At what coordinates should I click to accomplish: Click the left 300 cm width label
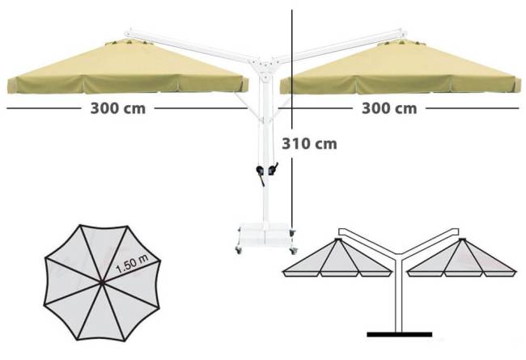coord(118,108)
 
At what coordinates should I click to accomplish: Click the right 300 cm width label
coord(389,108)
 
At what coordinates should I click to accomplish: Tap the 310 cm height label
coord(309,144)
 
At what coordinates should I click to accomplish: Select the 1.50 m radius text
coord(132,264)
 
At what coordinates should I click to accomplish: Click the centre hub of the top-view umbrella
coord(102,283)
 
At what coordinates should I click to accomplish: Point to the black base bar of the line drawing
coord(399,334)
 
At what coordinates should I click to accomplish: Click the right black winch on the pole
coord(273,169)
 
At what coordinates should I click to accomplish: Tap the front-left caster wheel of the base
coord(239,250)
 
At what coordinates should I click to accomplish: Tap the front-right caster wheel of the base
coord(294,250)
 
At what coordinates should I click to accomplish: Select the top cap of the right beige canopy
coord(401,42)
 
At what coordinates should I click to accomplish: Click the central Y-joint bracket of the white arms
coord(265,69)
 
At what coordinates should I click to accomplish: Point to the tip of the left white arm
coord(127,33)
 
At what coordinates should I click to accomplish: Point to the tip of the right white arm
coord(405,32)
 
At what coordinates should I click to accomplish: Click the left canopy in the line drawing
coord(337,257)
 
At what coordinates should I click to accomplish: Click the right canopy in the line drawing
coord(462,257)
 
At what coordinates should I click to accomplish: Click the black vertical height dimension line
coord(292,120)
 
